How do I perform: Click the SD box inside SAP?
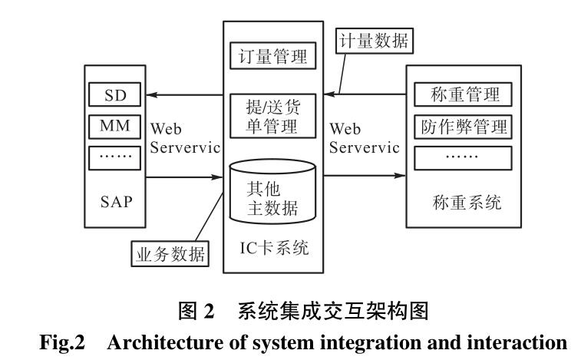pyautogui.click(x=114, y=95)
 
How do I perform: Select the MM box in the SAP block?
pyautogui.click(x=114, y=124)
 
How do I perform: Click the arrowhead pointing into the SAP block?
pyautogui.click(x=154, y=95)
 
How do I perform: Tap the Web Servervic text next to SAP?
pyautogui.click(x=185, y=137)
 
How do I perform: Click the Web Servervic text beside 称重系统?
pyautogui.click(x=364, y=137)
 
